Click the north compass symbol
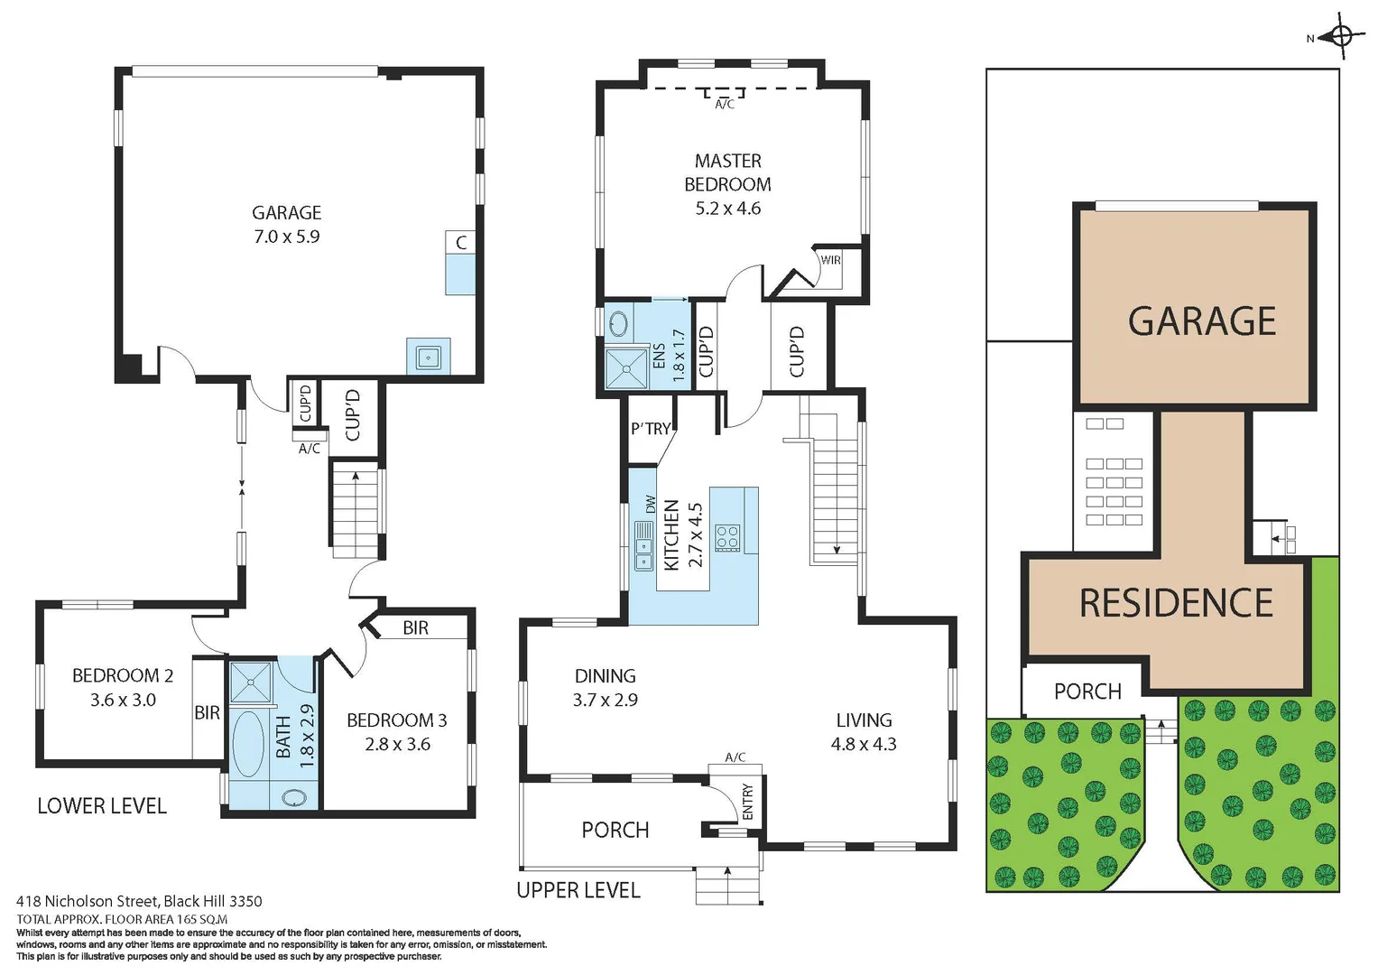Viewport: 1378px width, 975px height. (1341, 38)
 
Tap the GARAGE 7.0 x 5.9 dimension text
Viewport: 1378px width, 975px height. (286, 237)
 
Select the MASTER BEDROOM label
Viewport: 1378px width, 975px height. (727, 172)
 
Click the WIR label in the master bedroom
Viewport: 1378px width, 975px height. (830, 260)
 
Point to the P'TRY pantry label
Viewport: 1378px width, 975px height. (651, 429)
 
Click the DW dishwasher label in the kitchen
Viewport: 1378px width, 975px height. (650, 504)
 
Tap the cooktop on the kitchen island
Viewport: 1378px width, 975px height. (727, 538)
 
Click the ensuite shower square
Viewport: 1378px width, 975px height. (625, 368)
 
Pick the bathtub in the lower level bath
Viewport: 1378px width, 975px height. (248, 744)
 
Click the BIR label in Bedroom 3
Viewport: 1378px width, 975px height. (415, 627)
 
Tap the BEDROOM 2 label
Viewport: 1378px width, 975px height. (123, 675)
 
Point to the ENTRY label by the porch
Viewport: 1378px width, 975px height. (747, 803)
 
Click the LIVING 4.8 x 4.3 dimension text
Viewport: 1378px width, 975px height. (864, 744)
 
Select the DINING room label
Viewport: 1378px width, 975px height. (605, 675)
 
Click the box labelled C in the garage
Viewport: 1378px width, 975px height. (461, 243)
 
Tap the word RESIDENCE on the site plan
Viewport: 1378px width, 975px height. (1176, 603)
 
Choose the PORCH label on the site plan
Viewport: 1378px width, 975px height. (1087, 692)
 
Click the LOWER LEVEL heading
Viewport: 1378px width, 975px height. (102, 806)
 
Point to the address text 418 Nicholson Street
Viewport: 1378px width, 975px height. (139, 901)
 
